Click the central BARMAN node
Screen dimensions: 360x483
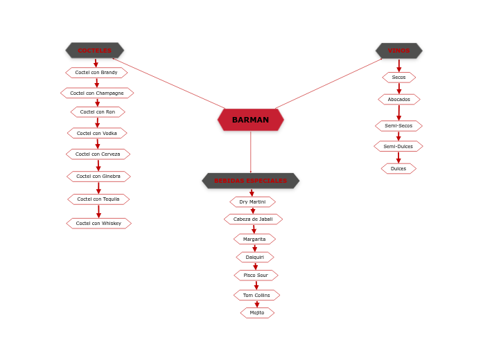point(250,120)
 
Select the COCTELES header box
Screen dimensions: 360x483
point(94,51)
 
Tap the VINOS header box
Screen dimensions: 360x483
point(398,51)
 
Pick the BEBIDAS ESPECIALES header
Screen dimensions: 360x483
point(250,181)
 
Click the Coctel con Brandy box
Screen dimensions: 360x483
point(96,73)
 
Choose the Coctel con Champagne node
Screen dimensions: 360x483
point(97,93)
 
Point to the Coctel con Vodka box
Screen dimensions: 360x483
point(97,133)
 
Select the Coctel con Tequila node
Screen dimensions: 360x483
point(98,199)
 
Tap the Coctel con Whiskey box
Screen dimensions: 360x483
point(98,224)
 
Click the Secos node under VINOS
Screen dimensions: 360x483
point(398,78)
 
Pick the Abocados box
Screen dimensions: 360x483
point(398,99)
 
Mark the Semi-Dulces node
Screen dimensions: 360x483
point(398,146)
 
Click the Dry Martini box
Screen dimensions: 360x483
point(252,202)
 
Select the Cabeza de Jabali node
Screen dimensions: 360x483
point(253,219)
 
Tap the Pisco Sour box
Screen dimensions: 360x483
point(255,276)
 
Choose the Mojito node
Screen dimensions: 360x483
point(257,313)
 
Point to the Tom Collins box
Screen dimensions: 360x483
point(256,295)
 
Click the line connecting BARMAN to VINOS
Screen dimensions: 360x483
point(329,83)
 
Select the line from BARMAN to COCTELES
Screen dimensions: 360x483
point(170,83)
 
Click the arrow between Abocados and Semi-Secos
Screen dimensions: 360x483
point(398,112)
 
